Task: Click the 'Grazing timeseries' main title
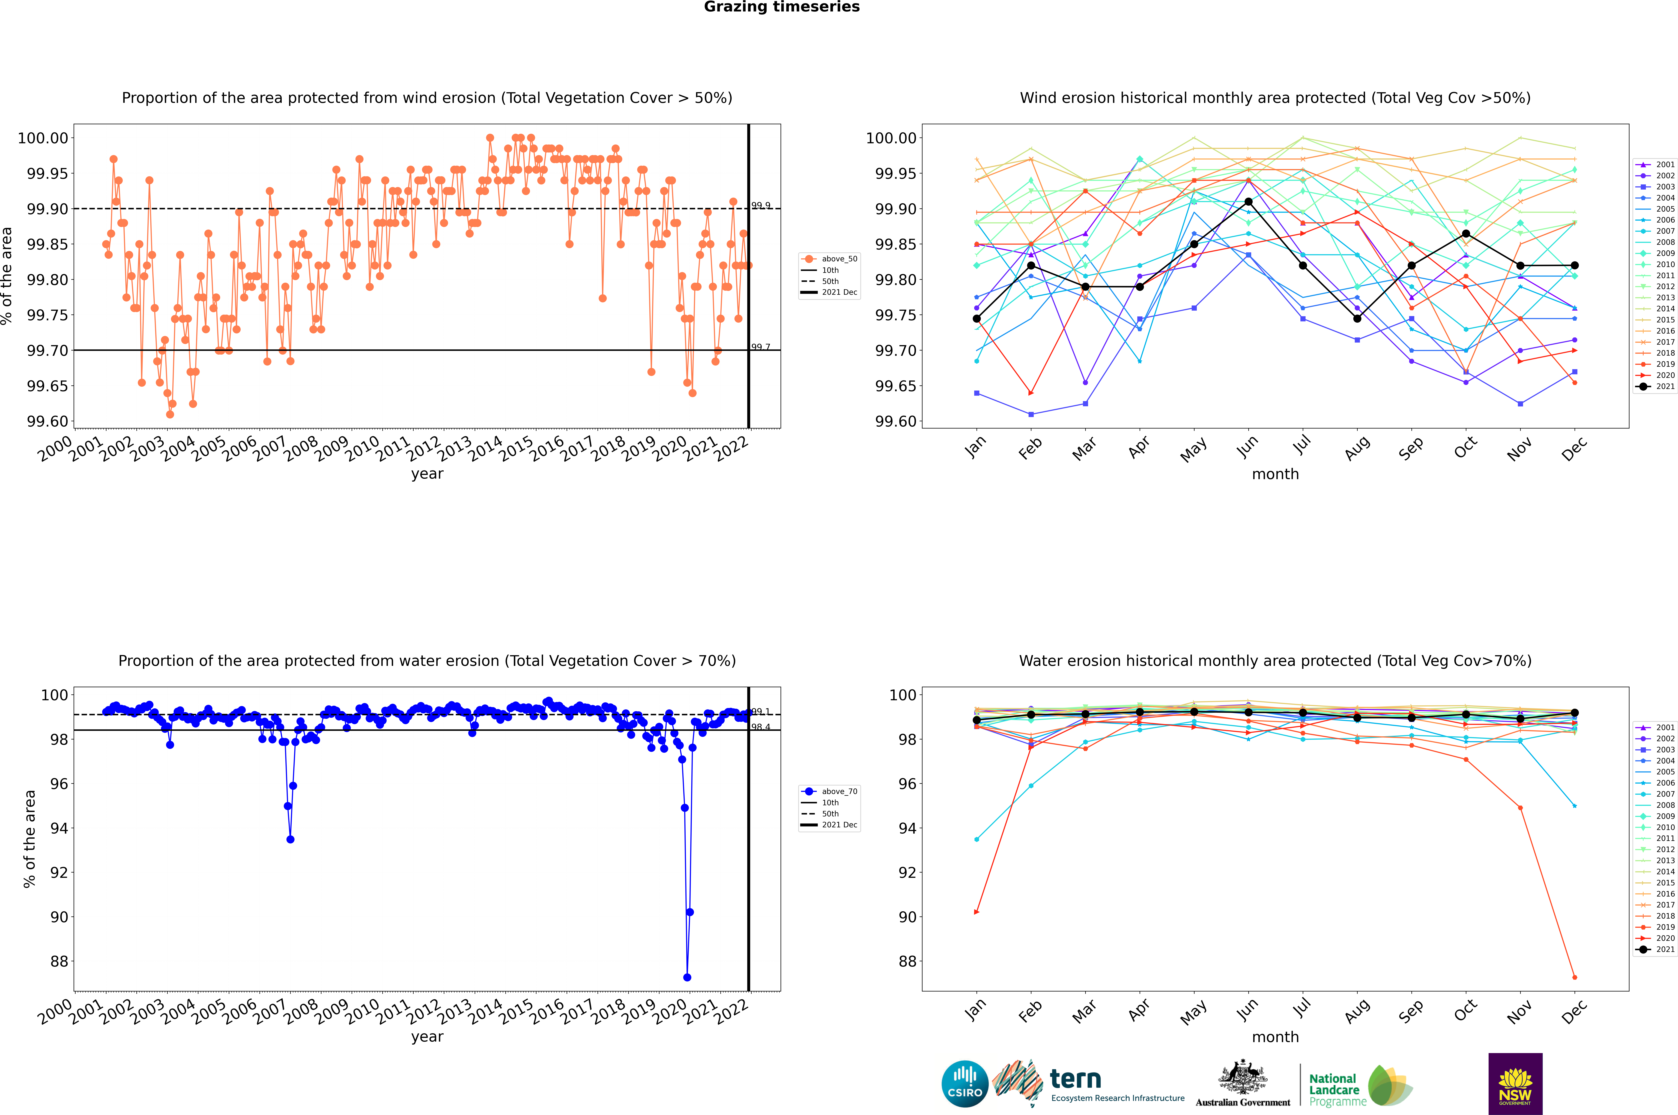click(782, 7)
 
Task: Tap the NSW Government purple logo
click(1515, 1084)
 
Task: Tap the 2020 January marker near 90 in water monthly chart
click(977, 912)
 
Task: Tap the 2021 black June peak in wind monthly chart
click(1248, 202)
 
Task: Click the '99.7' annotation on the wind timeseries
click(760, 347)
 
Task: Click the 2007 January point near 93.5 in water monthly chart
click(977, 839)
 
